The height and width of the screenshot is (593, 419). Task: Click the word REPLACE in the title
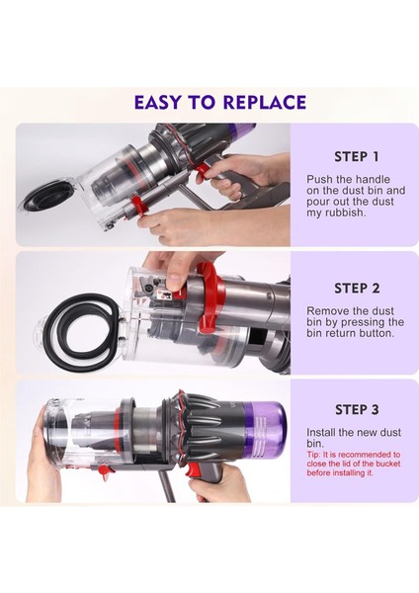coord(259,102)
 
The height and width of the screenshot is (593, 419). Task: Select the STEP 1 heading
coord(356,156)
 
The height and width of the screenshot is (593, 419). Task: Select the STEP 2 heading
coord(356,289)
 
